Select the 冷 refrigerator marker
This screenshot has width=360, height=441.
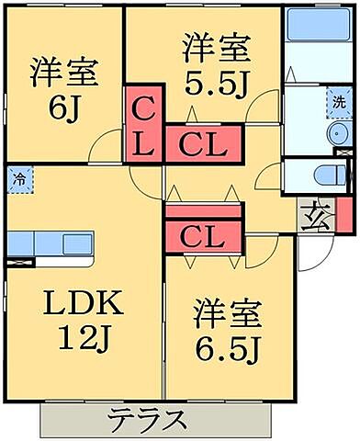point(18,179)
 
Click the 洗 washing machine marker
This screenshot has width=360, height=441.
point(340,103)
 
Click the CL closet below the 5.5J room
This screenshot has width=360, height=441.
point(203,142)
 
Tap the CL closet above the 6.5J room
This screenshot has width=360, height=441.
point(203,237)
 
